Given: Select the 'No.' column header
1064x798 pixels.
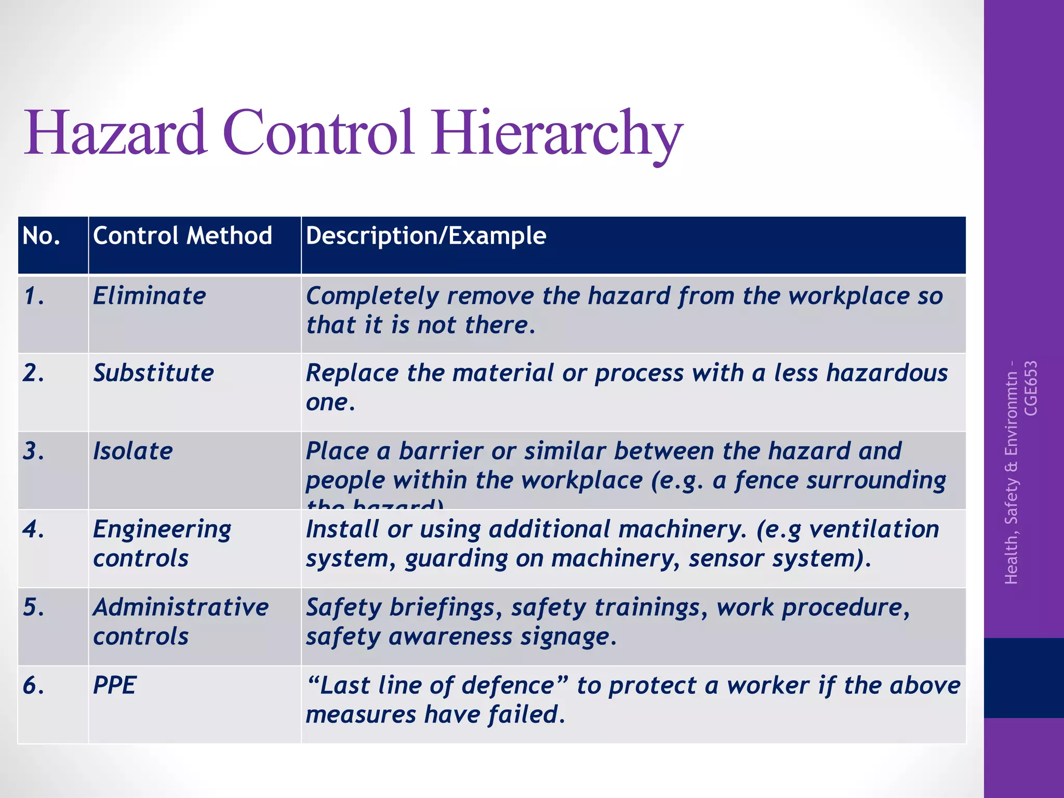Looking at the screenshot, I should [x=42, y=236].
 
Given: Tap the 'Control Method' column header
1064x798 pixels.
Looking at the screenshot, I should [x=182, y=236].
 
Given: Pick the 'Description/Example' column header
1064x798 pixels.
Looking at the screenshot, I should [x=426, y=236].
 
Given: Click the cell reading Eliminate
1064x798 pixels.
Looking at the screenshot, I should [x=150, y=296].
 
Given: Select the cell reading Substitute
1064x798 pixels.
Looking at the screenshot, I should [x=153, y=373].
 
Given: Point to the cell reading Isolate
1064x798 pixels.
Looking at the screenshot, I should [x=133, y=451].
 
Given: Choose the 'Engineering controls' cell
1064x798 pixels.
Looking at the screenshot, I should [x=162, y=543].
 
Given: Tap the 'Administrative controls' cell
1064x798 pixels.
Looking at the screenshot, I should [x=180, y=621].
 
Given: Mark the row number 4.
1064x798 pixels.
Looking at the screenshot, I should [x=33, y=529].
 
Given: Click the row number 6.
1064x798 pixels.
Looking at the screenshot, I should [x=33, y=685].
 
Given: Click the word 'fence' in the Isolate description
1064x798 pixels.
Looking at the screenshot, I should [x=766, y=480].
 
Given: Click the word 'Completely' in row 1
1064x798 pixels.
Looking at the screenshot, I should [x=373, y=296].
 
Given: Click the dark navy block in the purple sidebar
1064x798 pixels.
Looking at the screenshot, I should [x=1023, y=677].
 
